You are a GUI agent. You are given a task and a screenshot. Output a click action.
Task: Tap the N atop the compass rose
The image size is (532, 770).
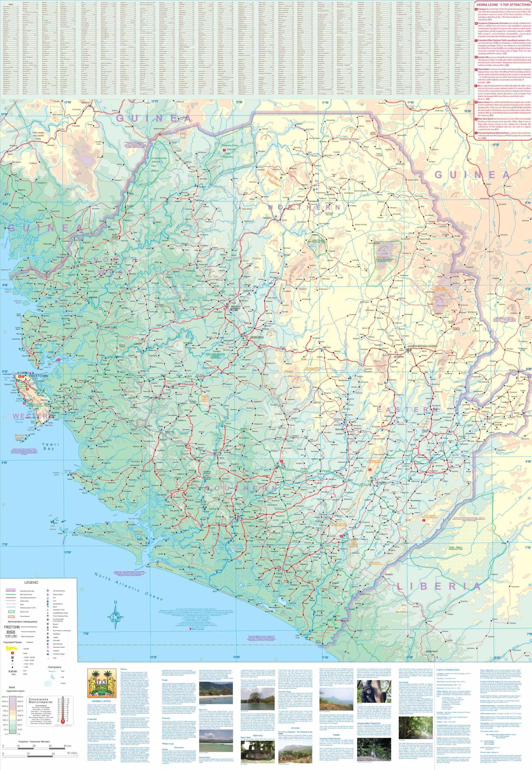pyautogui.click(x=115, y=602)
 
